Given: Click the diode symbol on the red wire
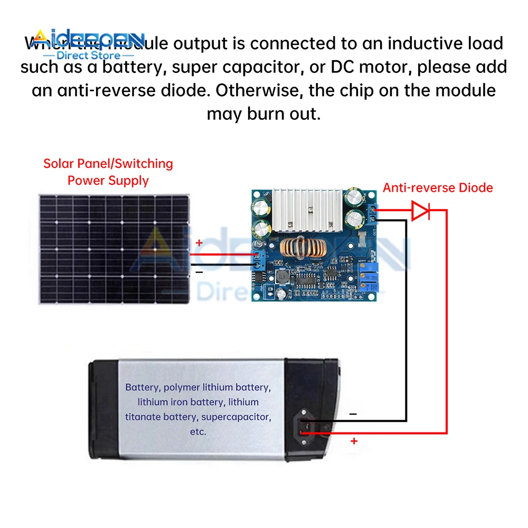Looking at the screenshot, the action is point(421,211).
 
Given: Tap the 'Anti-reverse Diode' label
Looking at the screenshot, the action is point(438,187).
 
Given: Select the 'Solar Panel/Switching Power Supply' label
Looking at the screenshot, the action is point(108,172).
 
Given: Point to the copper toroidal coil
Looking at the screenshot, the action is point(304,248).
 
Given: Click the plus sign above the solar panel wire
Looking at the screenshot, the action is point(199,243).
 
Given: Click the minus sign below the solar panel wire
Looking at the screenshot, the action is point(199,272).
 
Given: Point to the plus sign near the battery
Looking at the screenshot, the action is point(354,441).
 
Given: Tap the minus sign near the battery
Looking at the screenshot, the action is point(353,414).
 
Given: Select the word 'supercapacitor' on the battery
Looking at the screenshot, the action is point(235,417).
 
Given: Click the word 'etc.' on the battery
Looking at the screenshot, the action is point(197,431).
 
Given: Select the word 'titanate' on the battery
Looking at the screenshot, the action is point(143,417).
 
